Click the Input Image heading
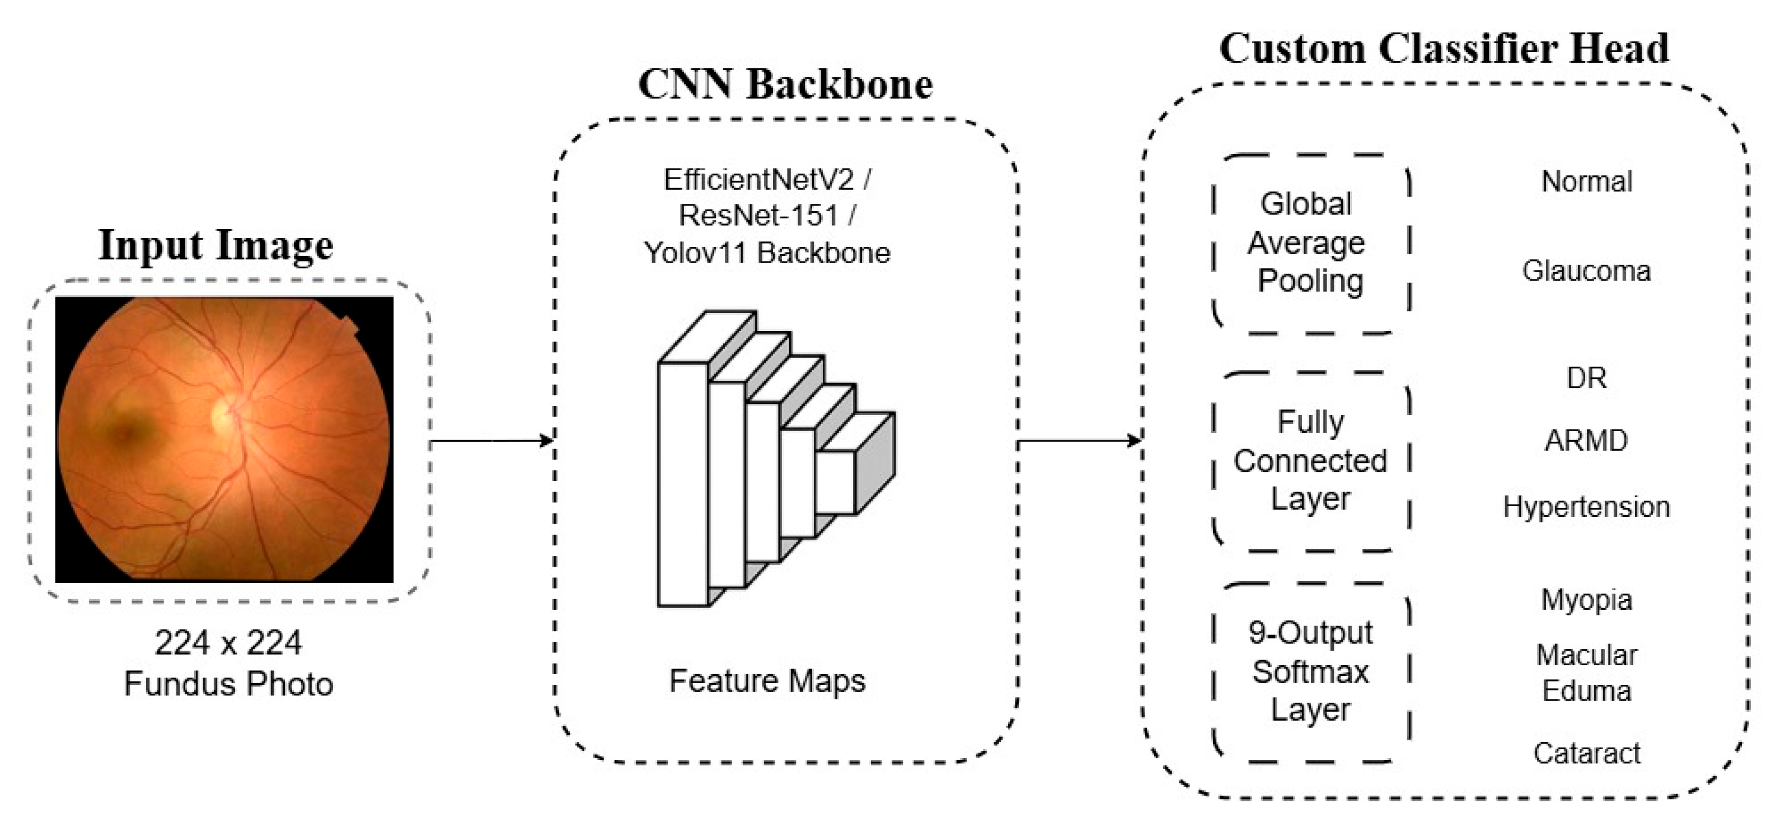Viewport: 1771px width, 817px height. [x=216, y=245]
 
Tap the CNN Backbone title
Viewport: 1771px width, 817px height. [x=785, y=84]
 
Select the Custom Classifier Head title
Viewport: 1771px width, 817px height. [x=1444, y=48]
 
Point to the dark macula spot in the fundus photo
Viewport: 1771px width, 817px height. [x=128, y=431]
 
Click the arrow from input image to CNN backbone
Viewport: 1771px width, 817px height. [x=491, y=441]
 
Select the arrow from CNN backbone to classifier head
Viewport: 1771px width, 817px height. [x=1078, y=441]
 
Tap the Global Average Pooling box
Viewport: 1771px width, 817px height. [x=1310, y=244]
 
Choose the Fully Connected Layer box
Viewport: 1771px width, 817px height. [x=1310, y=461]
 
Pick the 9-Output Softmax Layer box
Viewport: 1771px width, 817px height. [x=1310, y=671]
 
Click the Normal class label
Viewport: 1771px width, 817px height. [x=1586, y=182]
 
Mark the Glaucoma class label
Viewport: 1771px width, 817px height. [x=1586, y=271]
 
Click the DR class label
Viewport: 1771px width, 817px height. [x=1586, y=378]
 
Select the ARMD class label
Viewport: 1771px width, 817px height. [x=1586, y=441]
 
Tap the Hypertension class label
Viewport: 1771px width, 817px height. [x=1586, y=507]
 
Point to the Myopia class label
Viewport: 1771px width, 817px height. [x=1586, y=600]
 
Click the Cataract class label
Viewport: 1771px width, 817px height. [x=1586, y=754]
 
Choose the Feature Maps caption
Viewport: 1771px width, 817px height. [x=767, y=681]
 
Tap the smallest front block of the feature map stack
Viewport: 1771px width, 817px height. [x=835, y=482]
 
